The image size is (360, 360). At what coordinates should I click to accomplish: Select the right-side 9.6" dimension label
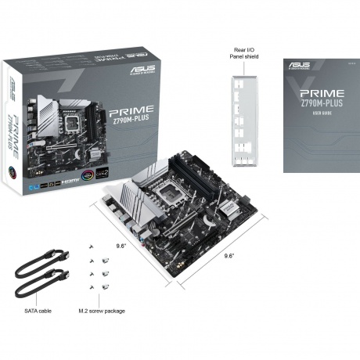point(229,256)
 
